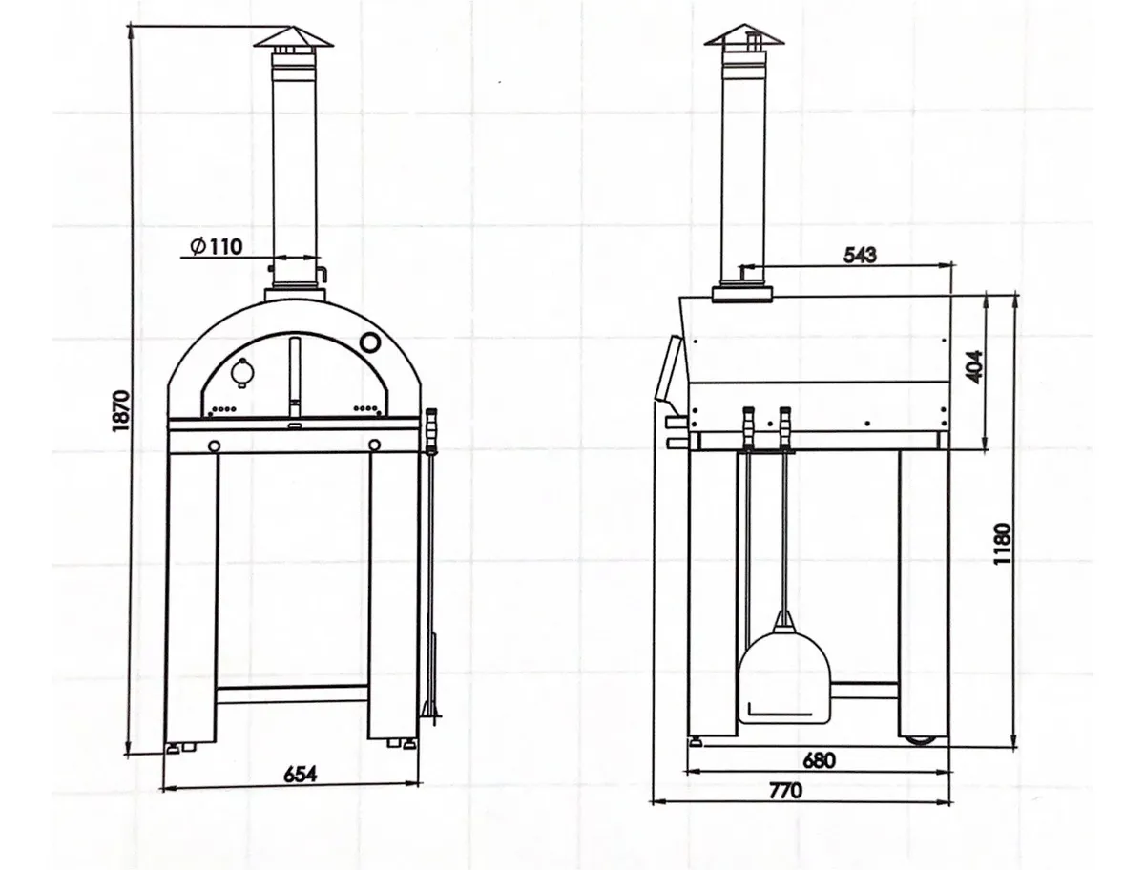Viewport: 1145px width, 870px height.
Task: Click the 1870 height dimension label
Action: coord(120,410)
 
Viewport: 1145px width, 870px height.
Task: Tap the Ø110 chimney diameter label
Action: coord(217,245)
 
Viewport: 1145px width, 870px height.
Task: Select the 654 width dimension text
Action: coord(300,774)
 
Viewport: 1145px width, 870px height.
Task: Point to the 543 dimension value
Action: coord(860,255)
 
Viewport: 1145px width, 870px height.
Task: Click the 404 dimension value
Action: coord(974,367)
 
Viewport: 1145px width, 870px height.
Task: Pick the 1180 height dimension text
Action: coord(1002,544)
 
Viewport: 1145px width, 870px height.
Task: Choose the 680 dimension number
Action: coord(819,760)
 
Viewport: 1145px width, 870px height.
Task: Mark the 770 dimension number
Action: coord(785,791)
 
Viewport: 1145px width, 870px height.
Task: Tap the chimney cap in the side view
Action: coord(744,36)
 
